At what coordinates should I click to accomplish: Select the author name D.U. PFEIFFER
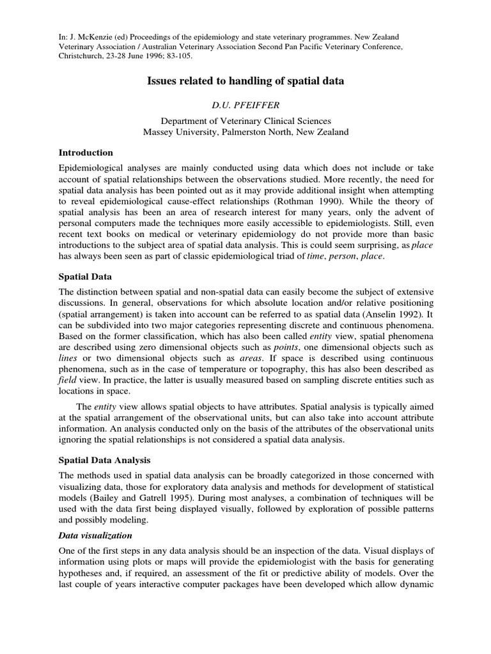(x=245, y=104)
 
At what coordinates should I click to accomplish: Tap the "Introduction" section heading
(x=86, y=153)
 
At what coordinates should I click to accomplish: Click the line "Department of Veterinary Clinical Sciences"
(x=245, y=120)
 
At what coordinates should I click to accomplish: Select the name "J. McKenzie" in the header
(x=90, y=38)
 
